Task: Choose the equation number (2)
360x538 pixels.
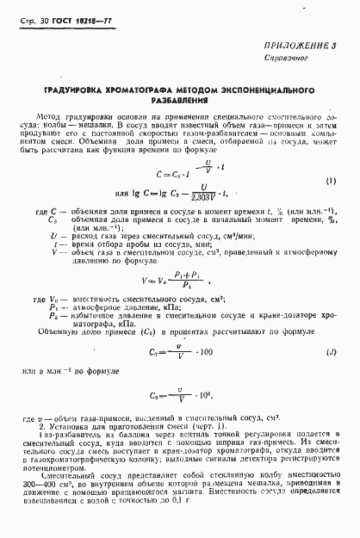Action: pos(331,352)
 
